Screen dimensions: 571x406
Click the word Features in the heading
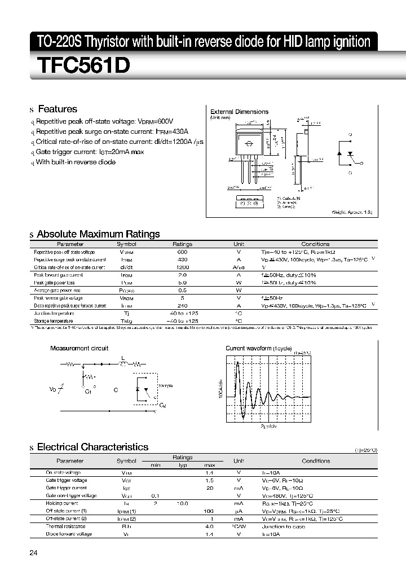(57, 109)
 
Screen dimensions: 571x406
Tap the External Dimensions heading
(239, 112)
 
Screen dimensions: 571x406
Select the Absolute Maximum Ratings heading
(98, 234)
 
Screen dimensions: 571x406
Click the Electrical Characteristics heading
(92, 447)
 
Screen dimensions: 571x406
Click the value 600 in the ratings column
(182, 252)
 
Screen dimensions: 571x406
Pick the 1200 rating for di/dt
(182, 267)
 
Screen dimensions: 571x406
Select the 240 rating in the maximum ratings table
(182, 305)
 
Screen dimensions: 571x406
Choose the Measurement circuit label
(79, 348)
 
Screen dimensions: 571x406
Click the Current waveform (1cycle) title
(258, 348)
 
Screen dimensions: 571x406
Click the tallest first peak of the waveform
(237, 362)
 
